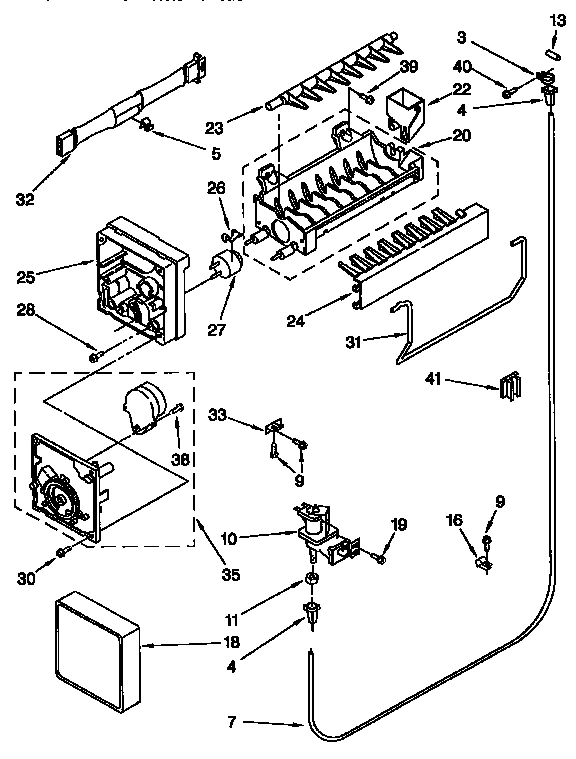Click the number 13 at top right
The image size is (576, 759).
(x=557, y=19)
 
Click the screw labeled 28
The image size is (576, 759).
(x=94, y=355)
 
